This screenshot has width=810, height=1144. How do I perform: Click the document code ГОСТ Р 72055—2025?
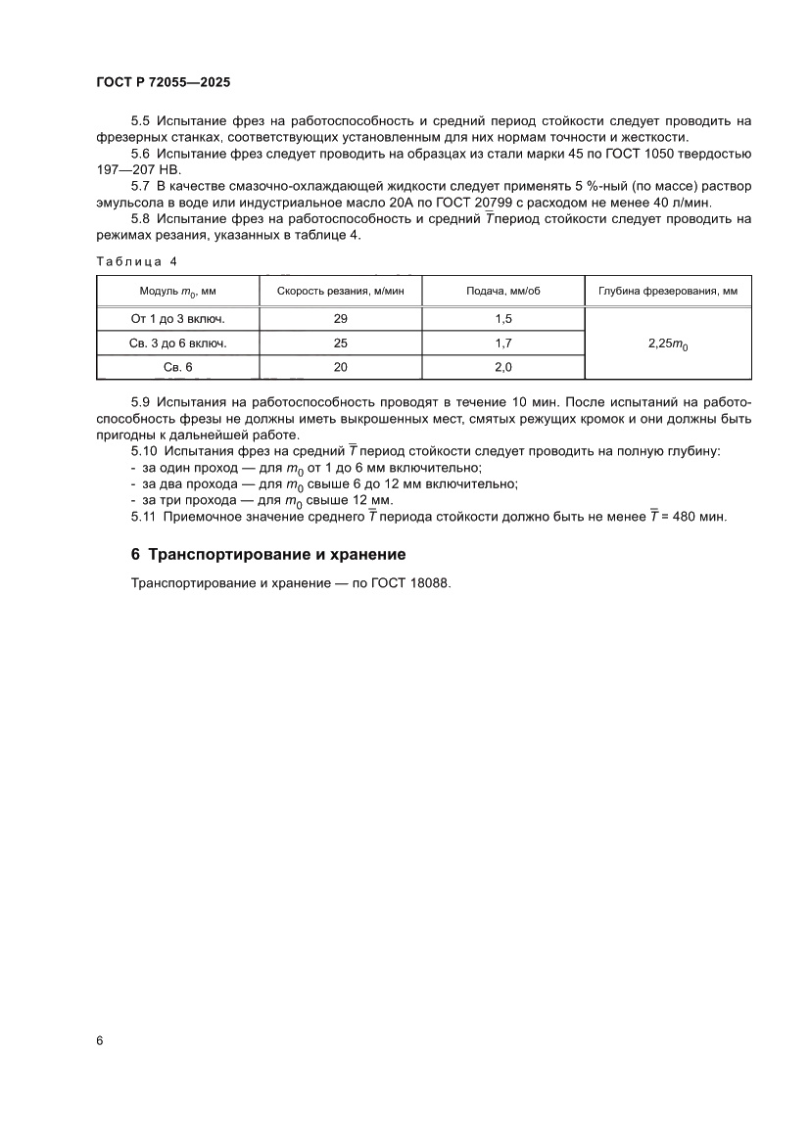(x=163, y=85)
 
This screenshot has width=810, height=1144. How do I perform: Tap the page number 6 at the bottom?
(x=100, y=1040)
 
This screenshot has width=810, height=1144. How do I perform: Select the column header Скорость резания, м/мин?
(x=340, y=292)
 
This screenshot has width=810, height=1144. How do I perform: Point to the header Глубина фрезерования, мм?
(x=667, y=292)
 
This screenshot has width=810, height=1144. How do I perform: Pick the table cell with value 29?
(x=340, y=319)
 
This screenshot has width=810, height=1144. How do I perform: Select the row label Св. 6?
(x=177, y=367)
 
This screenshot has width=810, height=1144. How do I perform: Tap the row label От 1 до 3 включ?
(x=177, y=319)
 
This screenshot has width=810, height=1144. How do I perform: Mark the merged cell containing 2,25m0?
(x=667, y=344)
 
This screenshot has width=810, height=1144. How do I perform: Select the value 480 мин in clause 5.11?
(x=696, y=517)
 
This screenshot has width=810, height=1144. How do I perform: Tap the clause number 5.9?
(x=141, y=402)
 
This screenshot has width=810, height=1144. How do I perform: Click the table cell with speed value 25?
(x=340, y=343)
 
